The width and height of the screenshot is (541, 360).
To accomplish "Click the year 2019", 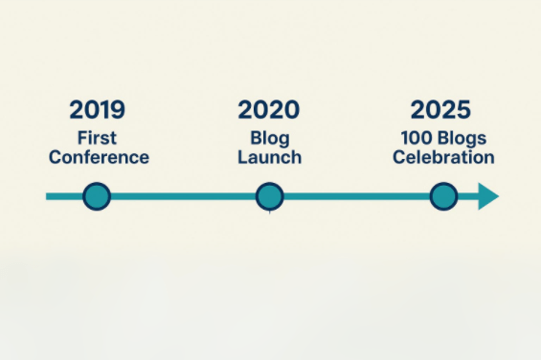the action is coord(97,110).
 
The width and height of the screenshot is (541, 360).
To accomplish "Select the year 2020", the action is coord(269,110).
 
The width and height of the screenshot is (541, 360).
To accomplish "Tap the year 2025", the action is coord(440,110).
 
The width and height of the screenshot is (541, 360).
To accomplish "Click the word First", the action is coord(97,138).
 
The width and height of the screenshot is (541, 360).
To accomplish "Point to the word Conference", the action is coord(99,157).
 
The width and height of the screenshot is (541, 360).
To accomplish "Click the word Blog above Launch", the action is coord(270,139).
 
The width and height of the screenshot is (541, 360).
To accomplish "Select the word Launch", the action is coord(270,157).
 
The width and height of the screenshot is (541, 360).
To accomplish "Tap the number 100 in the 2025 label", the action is coord(417,138).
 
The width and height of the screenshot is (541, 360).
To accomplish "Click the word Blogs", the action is coord(462,139).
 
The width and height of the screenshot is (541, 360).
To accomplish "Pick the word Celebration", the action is coord(443,157).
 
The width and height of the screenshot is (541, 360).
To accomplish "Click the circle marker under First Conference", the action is coord(97,196).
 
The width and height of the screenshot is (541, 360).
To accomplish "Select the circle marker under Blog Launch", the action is coord(270,196).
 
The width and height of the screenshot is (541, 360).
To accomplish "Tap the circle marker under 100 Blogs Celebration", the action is coord(443,196).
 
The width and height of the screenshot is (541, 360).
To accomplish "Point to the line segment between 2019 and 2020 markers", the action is coord(183,196).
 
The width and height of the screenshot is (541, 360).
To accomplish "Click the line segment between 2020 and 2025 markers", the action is coord(357,196).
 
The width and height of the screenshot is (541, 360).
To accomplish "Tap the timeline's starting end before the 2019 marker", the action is coord(47,196).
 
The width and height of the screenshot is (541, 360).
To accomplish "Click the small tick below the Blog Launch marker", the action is coord(269,213).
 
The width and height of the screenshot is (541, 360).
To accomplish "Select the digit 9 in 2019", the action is coord(118,110).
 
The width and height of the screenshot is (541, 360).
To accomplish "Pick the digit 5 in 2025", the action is coord(463,110).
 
